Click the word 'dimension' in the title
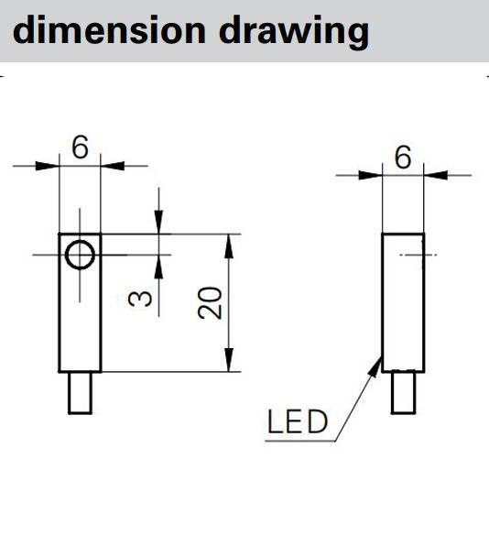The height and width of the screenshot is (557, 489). pos(109,30)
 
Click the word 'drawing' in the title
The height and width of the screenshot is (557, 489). pos(294,32)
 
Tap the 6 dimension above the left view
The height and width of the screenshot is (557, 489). pos(80,147)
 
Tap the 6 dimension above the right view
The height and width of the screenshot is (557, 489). pos(403,157)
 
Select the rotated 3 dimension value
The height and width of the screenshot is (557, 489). pos(140,299)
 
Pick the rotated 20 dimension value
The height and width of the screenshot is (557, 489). pos(210,302)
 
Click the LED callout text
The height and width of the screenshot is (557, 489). pos(297,421)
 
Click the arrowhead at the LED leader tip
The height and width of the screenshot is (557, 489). pos(375,366)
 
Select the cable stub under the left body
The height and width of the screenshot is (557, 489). pos(80,392)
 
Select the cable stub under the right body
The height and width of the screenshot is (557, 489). pos(404,392)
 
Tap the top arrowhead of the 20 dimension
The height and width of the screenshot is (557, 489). pos(230,246)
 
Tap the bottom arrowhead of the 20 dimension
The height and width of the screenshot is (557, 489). pos(230,360)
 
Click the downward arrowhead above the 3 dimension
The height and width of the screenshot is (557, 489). pos(158,222)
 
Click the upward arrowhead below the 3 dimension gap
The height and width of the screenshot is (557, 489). pos(158,267)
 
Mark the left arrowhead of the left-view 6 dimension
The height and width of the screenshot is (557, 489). pos(47,166)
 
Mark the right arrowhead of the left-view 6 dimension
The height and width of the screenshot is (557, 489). pos(113,166)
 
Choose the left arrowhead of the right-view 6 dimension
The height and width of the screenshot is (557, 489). pos(370,175)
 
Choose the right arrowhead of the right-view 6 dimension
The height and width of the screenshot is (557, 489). pos(436,175)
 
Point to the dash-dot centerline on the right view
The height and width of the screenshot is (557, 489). pos(418,255)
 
